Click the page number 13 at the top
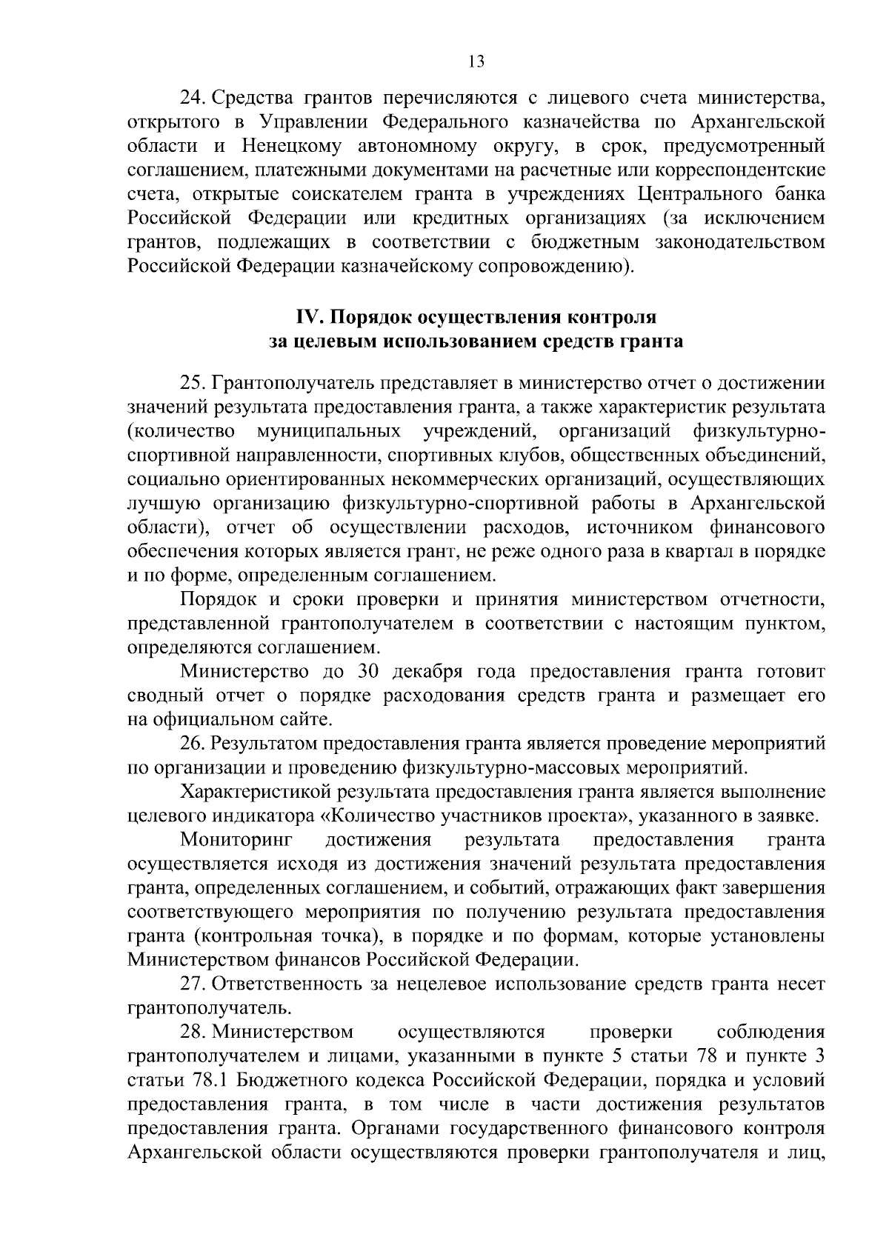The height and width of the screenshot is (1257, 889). coord(476,62)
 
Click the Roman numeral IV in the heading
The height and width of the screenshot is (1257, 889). coord(307,318)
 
